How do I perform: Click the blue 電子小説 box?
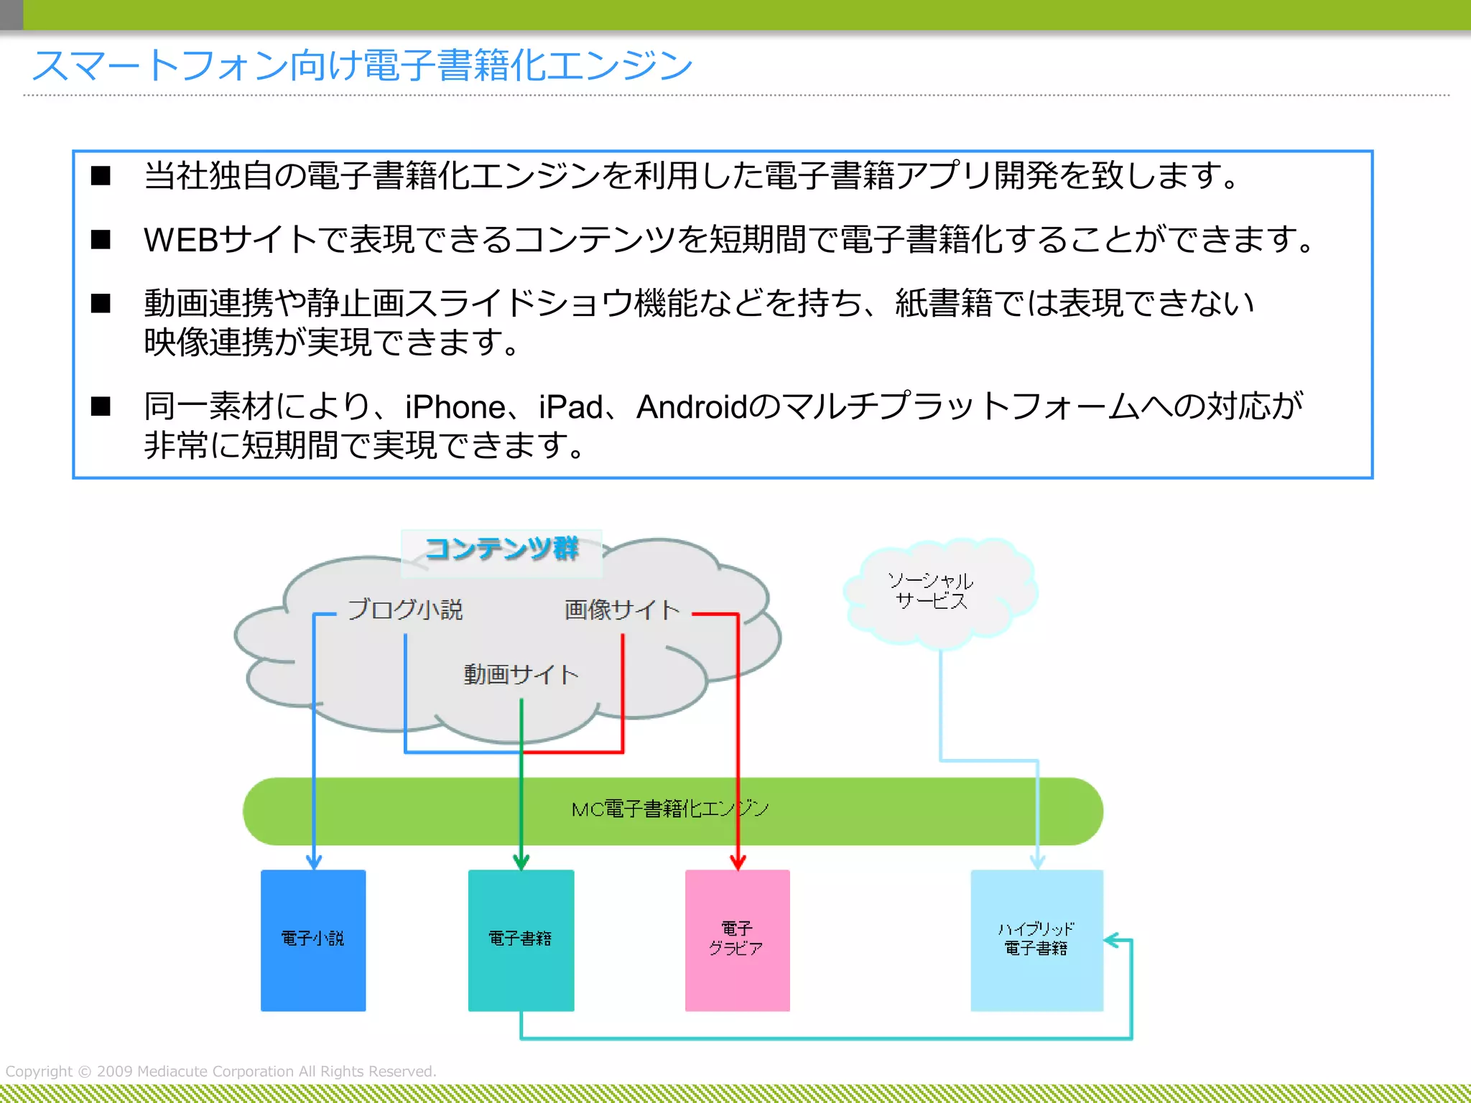point(313,940)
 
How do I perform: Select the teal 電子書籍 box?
point(521,940)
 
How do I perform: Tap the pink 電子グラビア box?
point(737,940)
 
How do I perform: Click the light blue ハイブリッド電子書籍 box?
point(1036,940)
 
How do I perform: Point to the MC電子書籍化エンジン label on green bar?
point(669,809)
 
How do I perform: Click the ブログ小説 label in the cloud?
point(405,610)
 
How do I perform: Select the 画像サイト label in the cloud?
point(622,610)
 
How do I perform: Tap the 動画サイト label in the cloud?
point(521,674)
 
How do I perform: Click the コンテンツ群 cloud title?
point(501,549)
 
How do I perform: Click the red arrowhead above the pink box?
point(738,862)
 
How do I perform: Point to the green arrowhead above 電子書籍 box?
point(521,862)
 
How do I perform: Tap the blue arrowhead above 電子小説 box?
point(314,862)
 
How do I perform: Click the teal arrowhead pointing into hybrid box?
point(1112,940)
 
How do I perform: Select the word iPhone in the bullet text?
point(455,407)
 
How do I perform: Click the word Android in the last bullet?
point(692,407)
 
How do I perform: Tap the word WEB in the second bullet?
point(181,240)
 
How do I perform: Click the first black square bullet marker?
point(101,176)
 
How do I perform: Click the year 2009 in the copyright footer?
point(114,1071)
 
